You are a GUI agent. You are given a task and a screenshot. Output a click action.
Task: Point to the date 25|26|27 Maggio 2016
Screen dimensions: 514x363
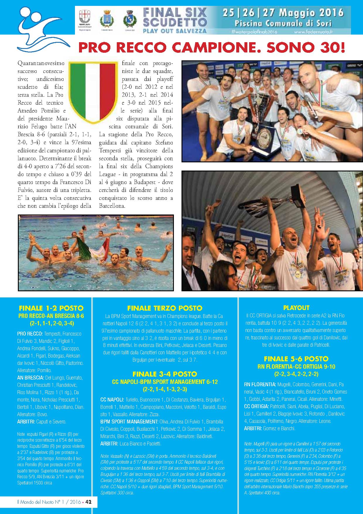point(283,13)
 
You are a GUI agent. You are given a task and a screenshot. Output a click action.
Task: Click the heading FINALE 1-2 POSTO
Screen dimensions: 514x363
point(51,308)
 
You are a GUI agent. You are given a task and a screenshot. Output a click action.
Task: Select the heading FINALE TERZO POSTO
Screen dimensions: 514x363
point(165,308)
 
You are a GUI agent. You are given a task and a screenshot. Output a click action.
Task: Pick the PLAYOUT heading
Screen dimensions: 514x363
point(296,308)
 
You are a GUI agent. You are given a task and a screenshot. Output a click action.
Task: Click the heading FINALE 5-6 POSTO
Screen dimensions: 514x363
point(296,359)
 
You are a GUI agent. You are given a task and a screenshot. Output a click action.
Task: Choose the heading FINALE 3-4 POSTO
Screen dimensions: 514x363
point(165,374)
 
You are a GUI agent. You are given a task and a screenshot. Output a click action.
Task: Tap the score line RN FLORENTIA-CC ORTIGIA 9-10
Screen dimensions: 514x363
point(296,367)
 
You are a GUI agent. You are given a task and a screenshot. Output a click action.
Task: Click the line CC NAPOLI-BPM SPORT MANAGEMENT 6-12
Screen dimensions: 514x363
point(165,382)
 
